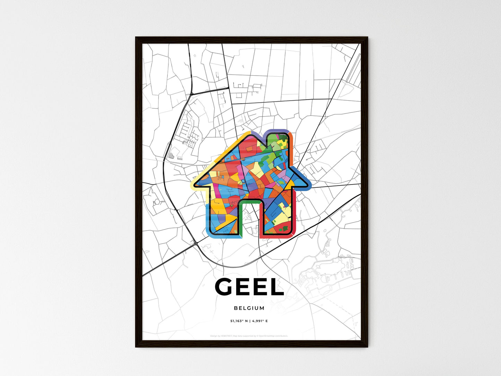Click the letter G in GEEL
(x=227, y=287)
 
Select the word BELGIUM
(x=249, y=308)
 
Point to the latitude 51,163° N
(x=238, y=321)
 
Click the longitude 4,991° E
(x=260, y=321)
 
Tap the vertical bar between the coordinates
(x=249, y=321)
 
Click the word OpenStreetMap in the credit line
(x=270, y=336)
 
